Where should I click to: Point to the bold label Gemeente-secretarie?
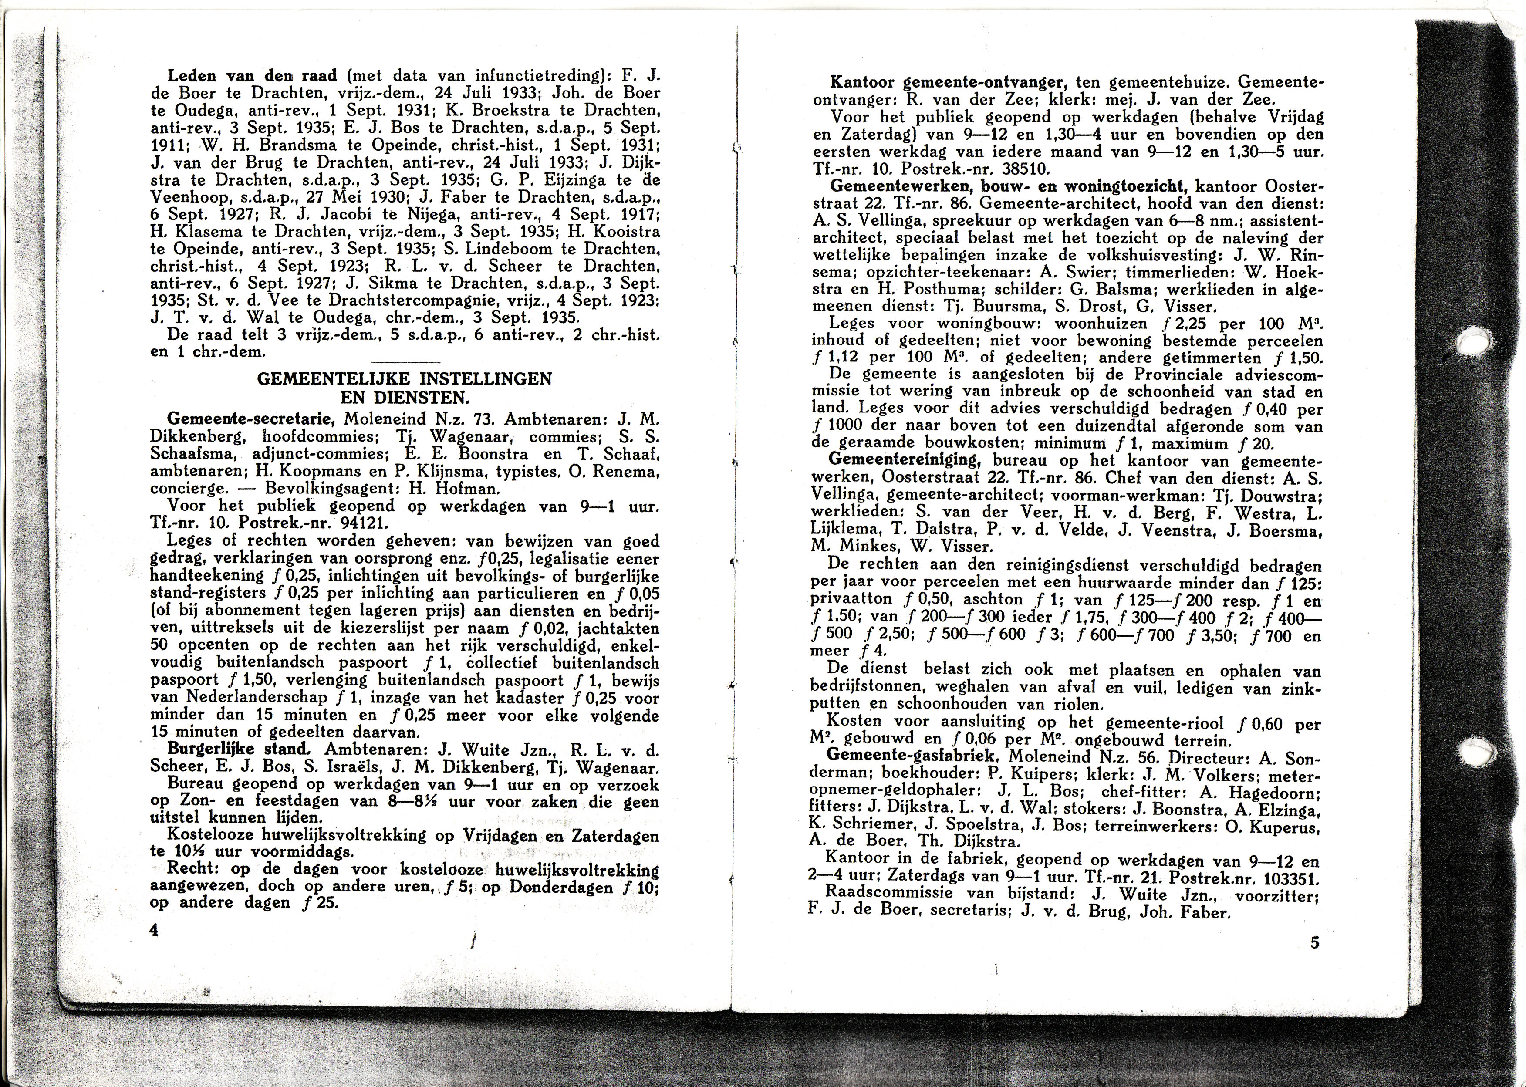point(250,420)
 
